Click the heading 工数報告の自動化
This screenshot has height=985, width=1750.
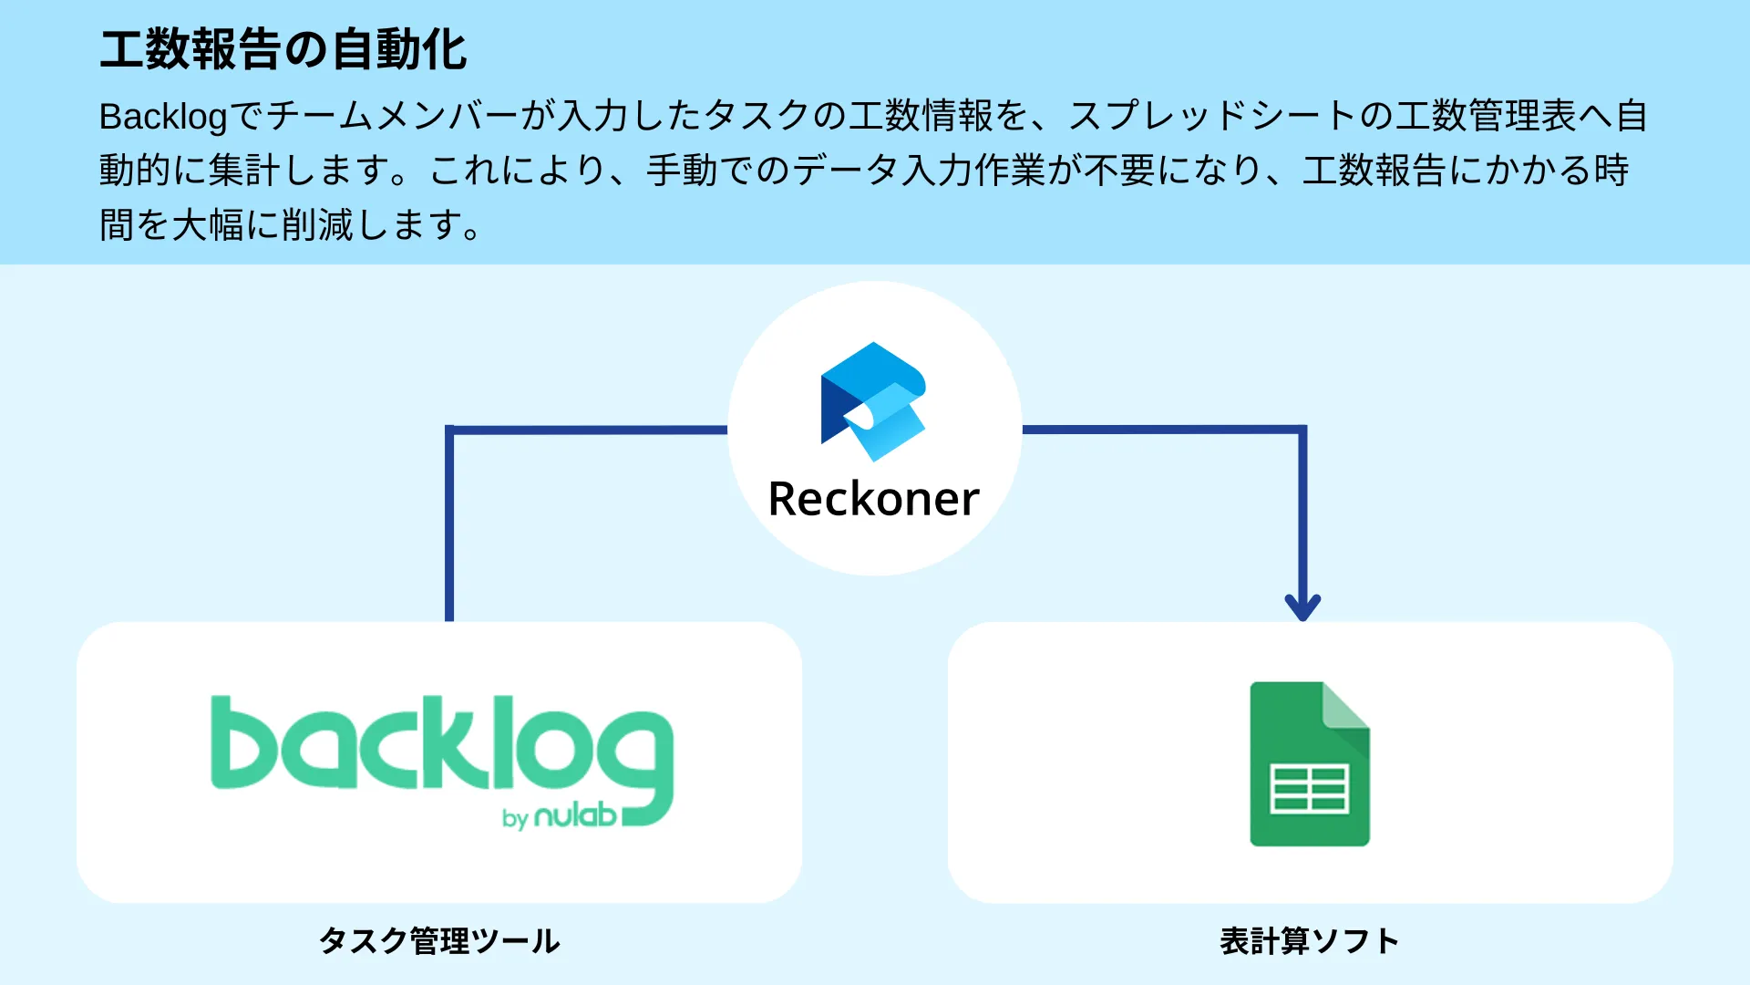[x=283, y=49]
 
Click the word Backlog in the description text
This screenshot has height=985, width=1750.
[x=162, y=117]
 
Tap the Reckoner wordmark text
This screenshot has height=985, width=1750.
[x=873, y=499]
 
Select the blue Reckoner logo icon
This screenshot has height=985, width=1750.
[x=873, y=401]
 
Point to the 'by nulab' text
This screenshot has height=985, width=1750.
[x=559, y=816]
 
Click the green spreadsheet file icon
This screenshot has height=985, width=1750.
[x=1309, y=764]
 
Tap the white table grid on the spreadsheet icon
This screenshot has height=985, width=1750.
[x=1309, y=789]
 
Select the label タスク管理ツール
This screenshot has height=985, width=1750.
[x=439, y=941]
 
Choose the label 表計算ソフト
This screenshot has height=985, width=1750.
[x=1309, y=941]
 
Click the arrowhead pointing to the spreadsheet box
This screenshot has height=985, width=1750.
[x=1302, y=607]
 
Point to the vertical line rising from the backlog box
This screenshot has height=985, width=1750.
[x=449, y=529]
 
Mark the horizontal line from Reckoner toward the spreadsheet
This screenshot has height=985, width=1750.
[x=1162, y=429]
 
